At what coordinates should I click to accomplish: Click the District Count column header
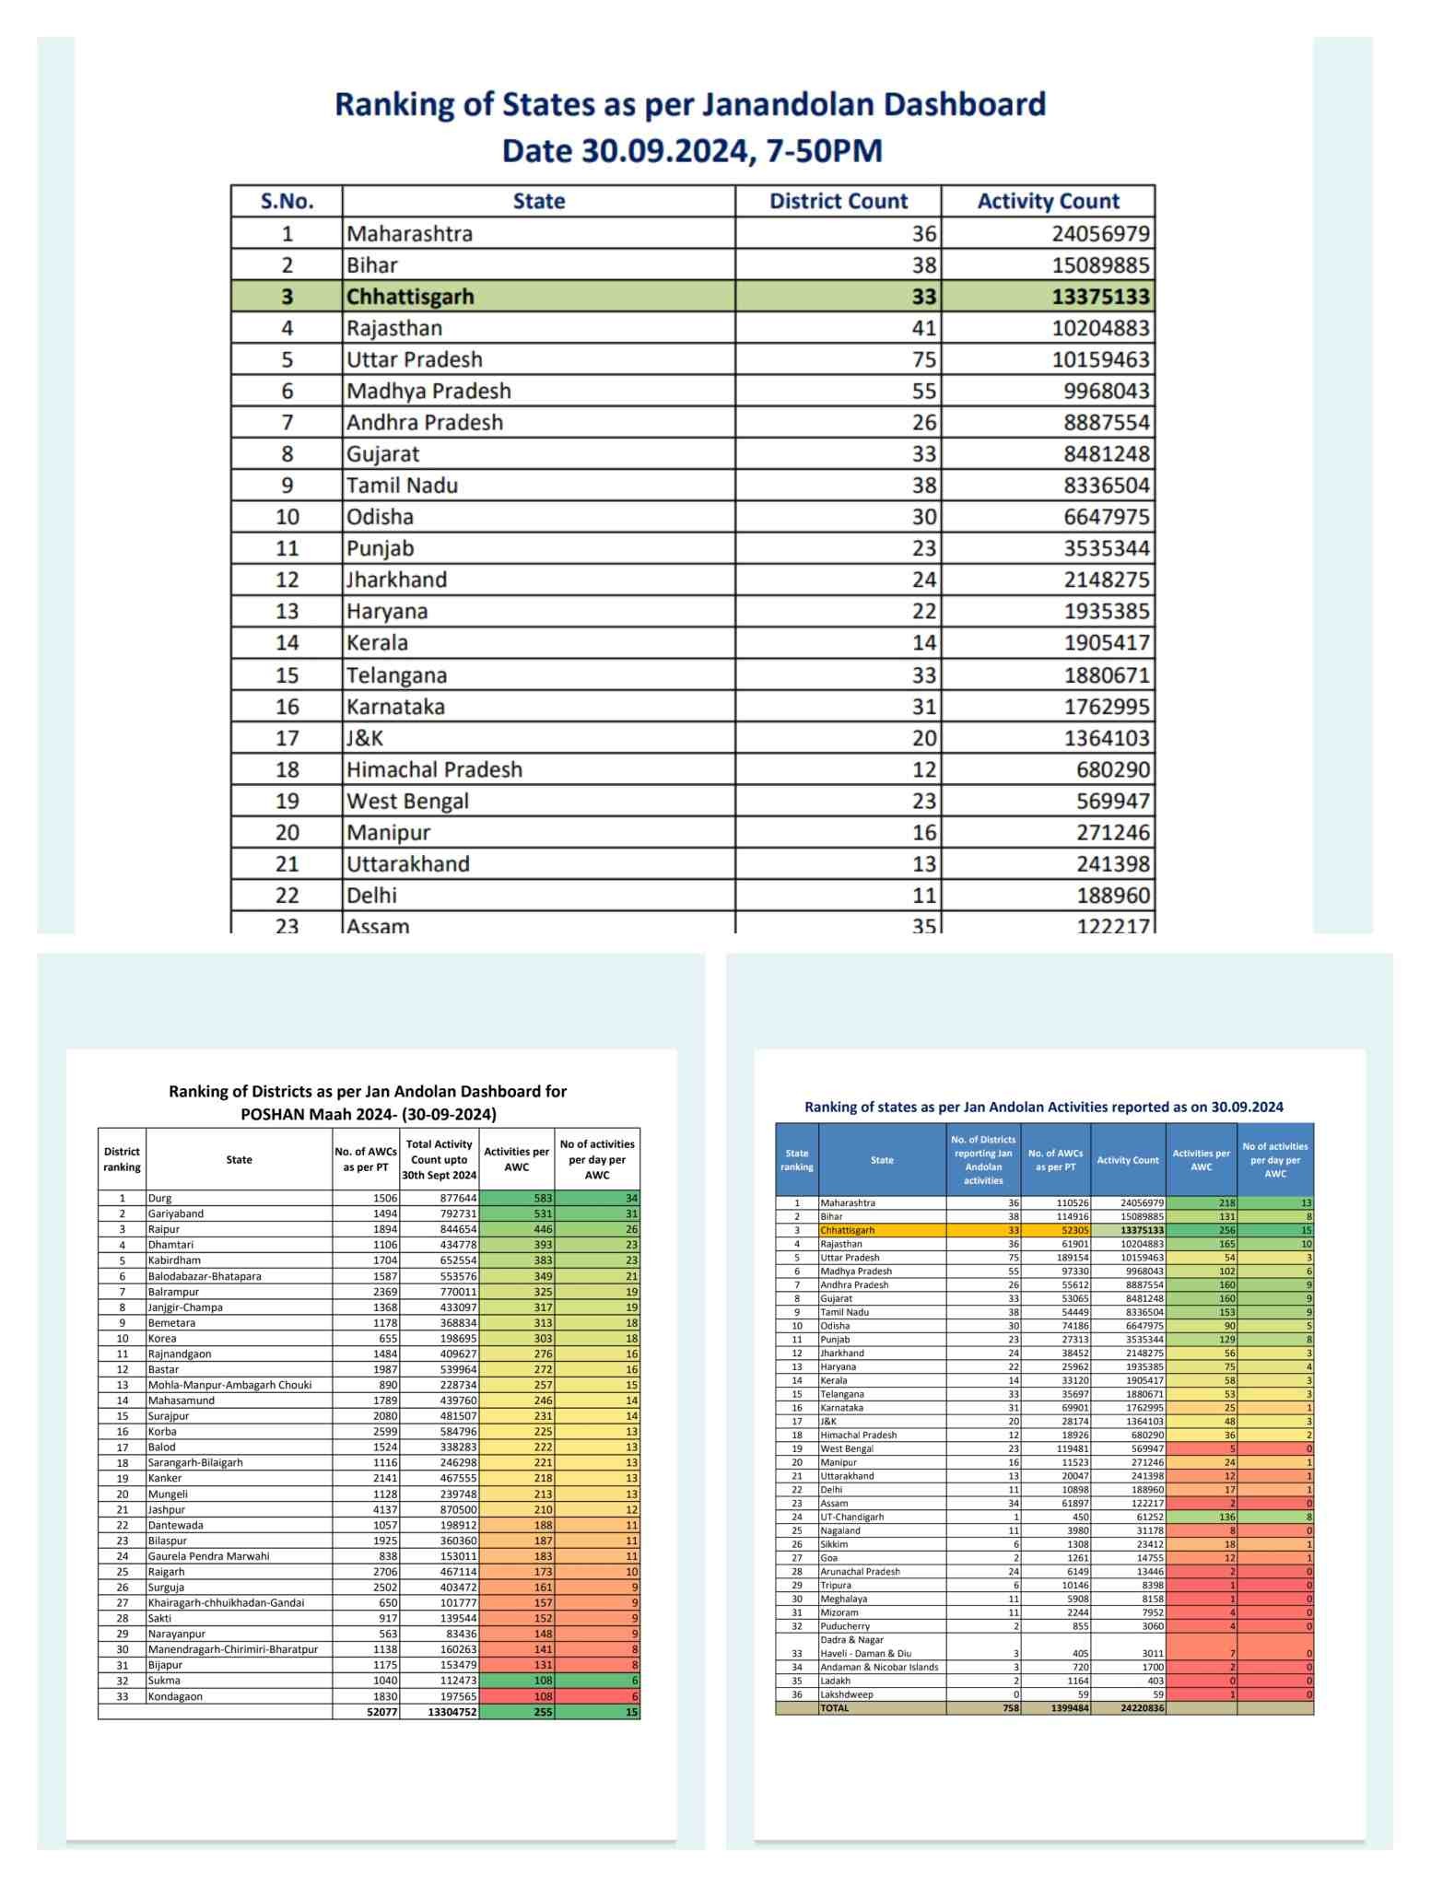(838, 202)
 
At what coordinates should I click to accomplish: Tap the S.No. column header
(287, 202)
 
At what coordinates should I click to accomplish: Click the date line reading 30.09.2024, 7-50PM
(691, 150)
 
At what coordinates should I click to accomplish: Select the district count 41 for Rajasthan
(923, 328)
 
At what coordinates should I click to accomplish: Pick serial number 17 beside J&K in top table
(287, 738)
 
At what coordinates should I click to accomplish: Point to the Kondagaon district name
(175, 1696)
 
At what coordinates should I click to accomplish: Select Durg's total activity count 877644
(457, 1198)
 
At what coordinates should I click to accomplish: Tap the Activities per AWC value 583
(543, 1198)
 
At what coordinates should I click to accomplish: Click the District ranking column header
(122, 1159)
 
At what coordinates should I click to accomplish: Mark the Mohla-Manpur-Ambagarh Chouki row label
(230, 1385)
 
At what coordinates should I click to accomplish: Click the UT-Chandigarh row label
(852, 1517)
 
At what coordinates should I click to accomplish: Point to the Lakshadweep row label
(847, 1694)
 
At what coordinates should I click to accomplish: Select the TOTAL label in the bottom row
(835, 1708)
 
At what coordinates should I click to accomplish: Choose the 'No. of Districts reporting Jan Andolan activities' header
(983, 1160)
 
